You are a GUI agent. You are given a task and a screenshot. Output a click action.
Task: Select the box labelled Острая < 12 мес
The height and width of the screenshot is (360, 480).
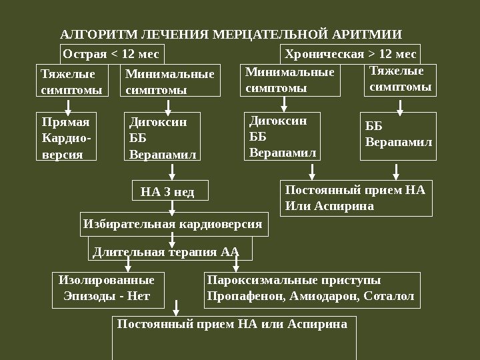point(111,54)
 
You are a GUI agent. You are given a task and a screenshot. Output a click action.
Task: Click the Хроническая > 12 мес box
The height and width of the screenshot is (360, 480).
point(350,54)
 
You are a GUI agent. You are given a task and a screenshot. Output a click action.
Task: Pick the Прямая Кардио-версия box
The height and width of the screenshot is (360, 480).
point(65,137)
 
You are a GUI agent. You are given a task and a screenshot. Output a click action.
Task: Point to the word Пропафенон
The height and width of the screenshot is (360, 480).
point(239,295)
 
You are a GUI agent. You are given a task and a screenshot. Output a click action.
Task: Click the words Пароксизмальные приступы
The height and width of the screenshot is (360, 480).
point(294,280)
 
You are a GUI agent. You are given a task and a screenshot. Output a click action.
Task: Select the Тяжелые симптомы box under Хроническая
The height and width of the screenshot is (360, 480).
point(400,79)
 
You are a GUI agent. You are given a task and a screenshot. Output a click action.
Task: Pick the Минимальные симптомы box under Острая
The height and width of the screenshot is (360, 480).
point(170,81)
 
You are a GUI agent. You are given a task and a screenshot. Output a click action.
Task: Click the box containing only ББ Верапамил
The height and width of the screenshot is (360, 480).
point(397,137)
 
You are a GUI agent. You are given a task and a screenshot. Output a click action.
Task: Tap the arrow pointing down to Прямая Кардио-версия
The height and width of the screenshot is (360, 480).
point(65,105)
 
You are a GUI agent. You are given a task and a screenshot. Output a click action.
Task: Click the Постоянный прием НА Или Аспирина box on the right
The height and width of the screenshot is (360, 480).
point(355,198)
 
